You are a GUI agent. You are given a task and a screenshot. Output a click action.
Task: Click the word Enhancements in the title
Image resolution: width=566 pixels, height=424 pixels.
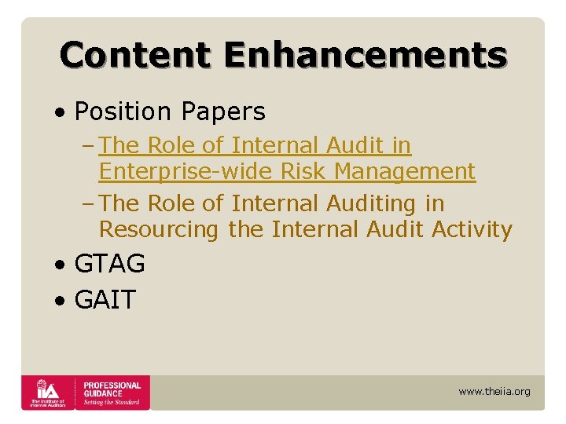(366, 55)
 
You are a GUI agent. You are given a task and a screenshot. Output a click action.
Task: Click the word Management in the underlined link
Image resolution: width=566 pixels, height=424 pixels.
(408, 171)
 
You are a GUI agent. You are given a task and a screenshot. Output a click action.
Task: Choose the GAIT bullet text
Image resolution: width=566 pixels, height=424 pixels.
(105, 300)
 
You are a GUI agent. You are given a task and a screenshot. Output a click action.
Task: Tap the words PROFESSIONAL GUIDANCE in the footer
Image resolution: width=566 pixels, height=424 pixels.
(112, 389)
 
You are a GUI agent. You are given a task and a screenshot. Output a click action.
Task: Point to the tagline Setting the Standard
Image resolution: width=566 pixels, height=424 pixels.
(112, 402)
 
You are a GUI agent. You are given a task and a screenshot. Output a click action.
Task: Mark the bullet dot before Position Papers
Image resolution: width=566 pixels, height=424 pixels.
(61, 113)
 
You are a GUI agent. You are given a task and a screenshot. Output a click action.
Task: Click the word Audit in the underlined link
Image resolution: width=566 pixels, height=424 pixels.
(365, 145)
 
